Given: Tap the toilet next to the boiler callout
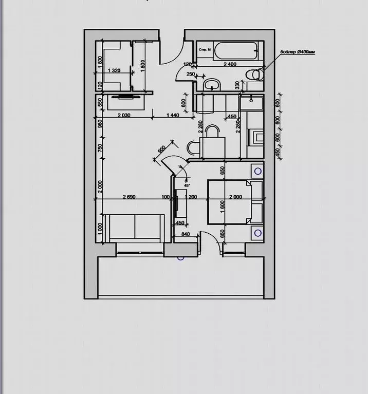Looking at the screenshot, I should click(256, 74).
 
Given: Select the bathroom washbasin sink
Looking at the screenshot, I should click(211, 84).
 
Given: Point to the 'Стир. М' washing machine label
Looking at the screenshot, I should click(205, 49).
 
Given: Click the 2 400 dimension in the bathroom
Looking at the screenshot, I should click(229, 65).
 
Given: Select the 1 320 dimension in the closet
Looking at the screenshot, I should click(113, 70).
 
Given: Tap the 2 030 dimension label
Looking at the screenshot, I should click(124, 116).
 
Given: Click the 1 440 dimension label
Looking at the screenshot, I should click(173, 116).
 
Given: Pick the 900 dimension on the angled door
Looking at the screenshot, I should click(161, 150).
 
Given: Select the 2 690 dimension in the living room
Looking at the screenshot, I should click(128, 197).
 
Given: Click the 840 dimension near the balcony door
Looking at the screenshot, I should click(186, 235).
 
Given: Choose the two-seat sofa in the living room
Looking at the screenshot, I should click(135, 227).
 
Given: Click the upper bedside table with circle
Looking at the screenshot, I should click(257, 170).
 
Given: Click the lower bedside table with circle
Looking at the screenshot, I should click(257, 233).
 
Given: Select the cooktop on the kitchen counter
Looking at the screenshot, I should click(255, 136).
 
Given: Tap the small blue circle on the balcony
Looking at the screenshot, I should click(180, 257).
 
